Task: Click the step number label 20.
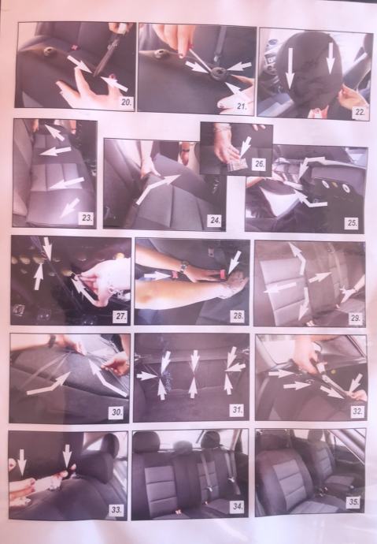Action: tap(127, 102)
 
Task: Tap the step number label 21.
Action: tap(241, 106)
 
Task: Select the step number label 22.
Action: tap(359, 113)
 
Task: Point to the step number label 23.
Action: tap(87, 218)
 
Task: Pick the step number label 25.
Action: tap(352, 222)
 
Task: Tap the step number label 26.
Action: tap(260, 164)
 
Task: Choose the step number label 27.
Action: tap(120, 316)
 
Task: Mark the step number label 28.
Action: tap(238, 316)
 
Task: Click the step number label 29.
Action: tap(355, 318)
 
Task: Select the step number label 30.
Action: tap(117, 412)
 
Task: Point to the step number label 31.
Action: tap(237, 410)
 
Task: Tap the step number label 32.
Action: tap(357, 412)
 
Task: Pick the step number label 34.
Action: tap(237, 506)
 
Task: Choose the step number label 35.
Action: tap(353, 502)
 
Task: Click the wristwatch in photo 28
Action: tap(183, 266)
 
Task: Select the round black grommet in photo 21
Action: tap(218, 73)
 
